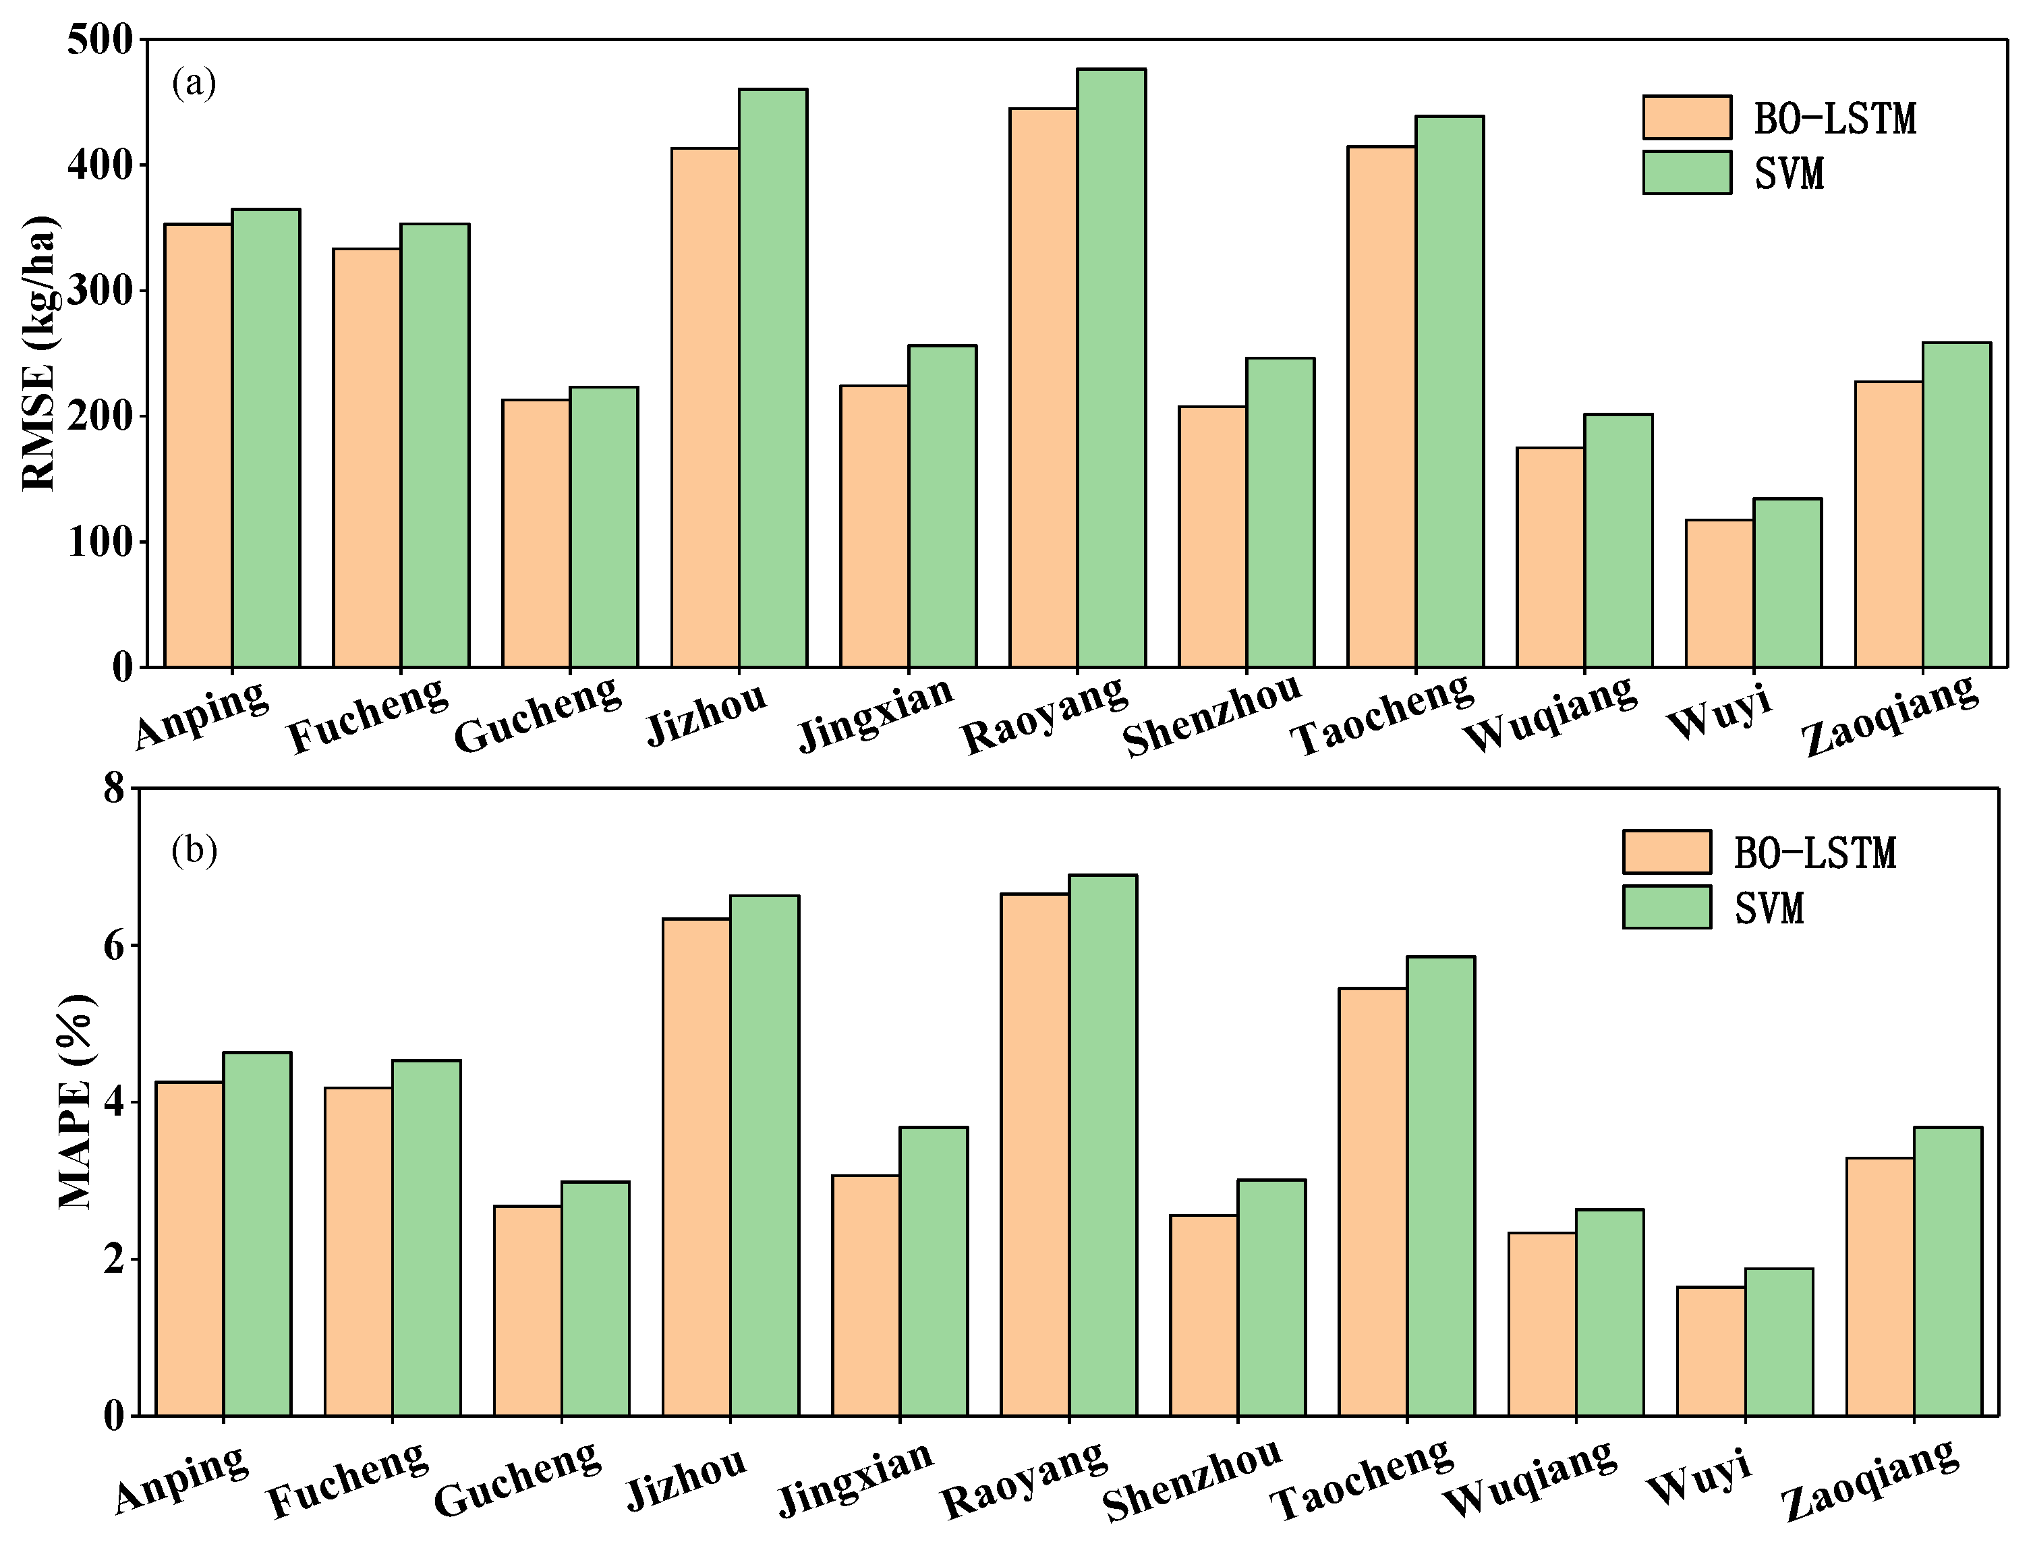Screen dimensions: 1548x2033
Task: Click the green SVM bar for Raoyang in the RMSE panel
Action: point(1112,368)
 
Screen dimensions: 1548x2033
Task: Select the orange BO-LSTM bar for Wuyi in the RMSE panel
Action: point(1719,594)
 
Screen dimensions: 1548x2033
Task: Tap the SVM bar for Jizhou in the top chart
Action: point(773,378)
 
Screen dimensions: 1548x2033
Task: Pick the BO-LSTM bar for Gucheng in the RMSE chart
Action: point(536,534)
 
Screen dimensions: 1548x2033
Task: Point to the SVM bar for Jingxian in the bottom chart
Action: point(934,1271)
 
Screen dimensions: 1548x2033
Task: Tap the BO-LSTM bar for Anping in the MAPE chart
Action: point(190,1249)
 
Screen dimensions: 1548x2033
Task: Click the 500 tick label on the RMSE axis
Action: point(100,40)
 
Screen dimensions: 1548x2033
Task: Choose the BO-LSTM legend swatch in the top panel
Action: point(1686,117)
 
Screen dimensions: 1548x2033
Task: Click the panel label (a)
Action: point(194,83)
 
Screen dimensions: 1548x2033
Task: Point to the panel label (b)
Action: point(194,850)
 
